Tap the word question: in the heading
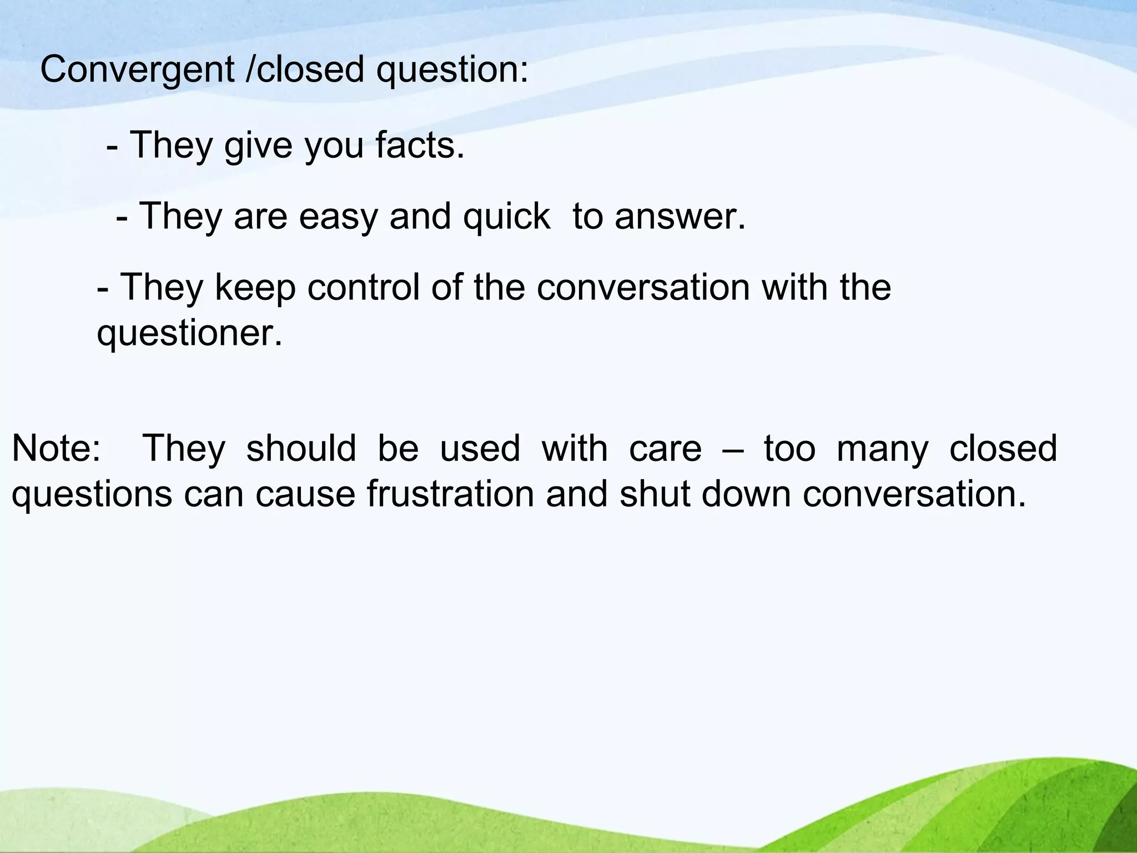[x=452, y=71]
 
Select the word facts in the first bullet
[x=419, y=145]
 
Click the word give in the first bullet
[x=258, y=145]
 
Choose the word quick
[x=506, y=216]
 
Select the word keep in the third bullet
[x=255, y=287]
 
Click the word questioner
[x=189, y=333]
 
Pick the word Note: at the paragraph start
[x=56, y=448]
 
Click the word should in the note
[x=301, y=448]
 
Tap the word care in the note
[x=665, y=448]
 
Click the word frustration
[x=450, y=494]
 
